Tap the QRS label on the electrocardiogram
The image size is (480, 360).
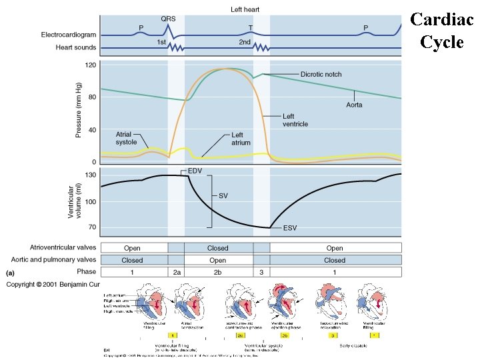169,19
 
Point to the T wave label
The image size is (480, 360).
251,27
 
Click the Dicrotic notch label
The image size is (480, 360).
321,74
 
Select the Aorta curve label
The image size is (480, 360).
355,105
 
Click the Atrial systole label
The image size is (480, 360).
127,137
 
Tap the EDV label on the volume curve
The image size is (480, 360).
195,171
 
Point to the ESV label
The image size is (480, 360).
290,228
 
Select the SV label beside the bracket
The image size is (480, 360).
224,196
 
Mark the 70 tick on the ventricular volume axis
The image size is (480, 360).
92,227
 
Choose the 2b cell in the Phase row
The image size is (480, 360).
217,272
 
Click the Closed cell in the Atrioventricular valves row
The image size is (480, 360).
217,248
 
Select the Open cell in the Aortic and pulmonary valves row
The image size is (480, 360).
217,260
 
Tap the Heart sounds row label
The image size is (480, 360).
75,48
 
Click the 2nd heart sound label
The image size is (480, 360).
245,42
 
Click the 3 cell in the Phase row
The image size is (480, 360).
261,272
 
